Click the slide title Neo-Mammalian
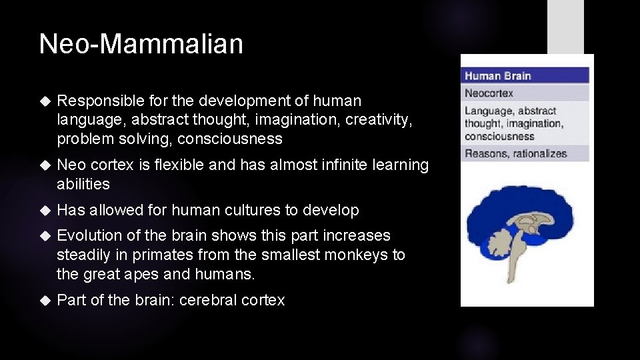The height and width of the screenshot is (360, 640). coord(141,44)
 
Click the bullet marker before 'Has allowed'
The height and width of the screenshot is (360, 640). coord(45,211)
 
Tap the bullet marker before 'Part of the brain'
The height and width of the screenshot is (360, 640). coord(45,301)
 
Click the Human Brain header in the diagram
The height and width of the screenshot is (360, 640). coord(497,76)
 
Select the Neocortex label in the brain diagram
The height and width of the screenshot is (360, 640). coord(489,93)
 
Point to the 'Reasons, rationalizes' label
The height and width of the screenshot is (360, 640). coord(515,154)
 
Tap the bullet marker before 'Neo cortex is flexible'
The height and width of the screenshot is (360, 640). coord(45,165)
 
